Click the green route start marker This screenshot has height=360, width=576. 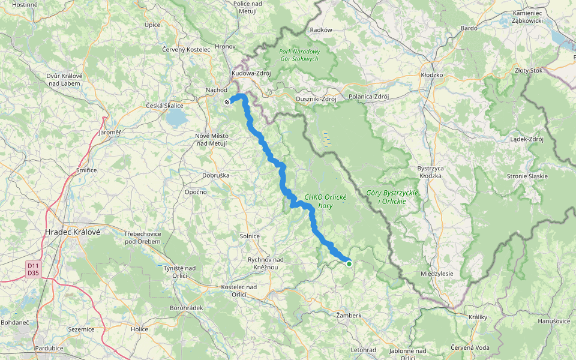349,263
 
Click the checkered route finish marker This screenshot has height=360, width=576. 227,102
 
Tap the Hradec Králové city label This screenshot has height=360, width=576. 73,232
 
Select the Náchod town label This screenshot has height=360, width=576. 216,90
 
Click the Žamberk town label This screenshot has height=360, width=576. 349,315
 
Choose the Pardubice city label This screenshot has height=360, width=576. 49,348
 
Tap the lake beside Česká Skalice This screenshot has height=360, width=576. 176,119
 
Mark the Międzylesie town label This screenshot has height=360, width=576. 437,274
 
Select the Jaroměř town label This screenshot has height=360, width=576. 109,132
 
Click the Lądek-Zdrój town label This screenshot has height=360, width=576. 526,139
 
